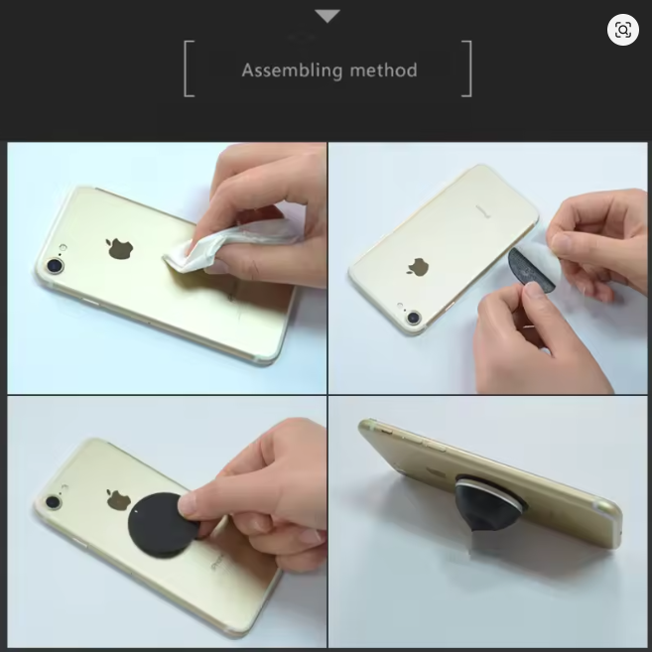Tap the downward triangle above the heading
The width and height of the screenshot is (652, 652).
[x=326, y=16]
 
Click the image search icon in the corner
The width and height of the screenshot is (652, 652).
[x=623, y=30]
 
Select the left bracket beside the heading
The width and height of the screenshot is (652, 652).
[x=189, y=68]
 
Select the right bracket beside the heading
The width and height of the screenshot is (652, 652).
[x=466, y=68]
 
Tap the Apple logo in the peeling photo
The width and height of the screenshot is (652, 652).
[x=419, y=266]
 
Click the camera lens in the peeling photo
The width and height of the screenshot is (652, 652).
[x=413, y=319]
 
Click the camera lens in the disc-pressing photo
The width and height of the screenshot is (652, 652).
[x=54, y=502]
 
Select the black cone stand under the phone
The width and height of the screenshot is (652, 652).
[x=486, y=511]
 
